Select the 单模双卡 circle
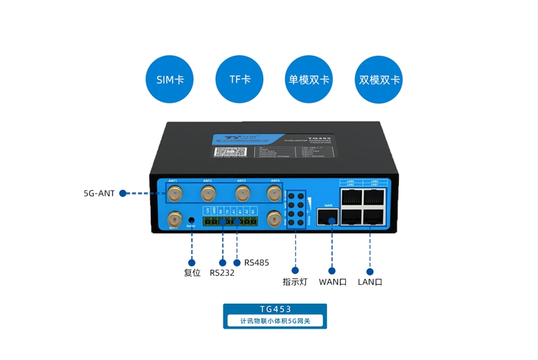[x=309, y=80]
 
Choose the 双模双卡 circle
[x=380, y=80]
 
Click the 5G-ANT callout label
[x=99, y=193]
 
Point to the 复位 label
[x=192, y=273]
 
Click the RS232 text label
[x=222, y=273]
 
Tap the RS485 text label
[x=256, y=262]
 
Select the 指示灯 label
[x=295, y=282]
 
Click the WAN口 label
[x=332, y=282]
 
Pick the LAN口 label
[x=370, y=282]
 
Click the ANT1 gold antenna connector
[x=175, y=192]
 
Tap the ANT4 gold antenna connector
[x=273, y=192]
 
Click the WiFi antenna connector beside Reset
[x=174, y=219]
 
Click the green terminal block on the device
[x=230, y=220]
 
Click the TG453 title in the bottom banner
[x=275, y=309]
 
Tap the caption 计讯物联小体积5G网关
[x=275, y=321]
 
